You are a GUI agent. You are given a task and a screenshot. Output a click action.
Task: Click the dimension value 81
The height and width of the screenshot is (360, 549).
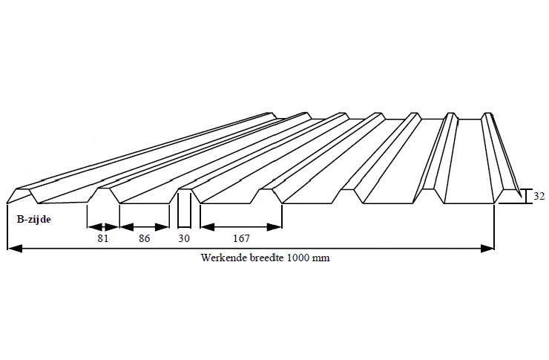(x=103, y=239)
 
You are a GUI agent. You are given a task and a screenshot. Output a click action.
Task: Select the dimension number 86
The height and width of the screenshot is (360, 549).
(x=144, y=239)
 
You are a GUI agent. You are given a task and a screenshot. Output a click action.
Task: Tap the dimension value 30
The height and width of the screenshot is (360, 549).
(x=185, y=239)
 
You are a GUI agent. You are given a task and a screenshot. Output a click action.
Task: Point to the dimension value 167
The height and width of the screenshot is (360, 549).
(x=241, y=239)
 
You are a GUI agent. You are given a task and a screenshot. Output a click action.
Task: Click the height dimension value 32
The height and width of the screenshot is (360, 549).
(x=539, y=197)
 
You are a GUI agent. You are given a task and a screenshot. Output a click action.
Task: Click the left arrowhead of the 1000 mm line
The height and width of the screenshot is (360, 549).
(x=13, y=249)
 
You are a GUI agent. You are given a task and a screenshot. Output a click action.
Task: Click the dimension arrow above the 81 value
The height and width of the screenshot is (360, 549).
(x=103, y=226)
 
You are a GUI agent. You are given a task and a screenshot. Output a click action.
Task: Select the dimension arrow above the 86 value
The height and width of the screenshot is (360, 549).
(x=144, y=226)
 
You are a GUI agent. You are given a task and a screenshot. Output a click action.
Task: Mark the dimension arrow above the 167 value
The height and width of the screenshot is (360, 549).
(x=241, y=226)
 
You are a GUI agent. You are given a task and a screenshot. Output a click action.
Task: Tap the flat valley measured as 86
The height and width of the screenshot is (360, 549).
(x=145, y=203)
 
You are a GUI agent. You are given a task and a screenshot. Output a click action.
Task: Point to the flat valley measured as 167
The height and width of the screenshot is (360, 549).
(x=241, y=203)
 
